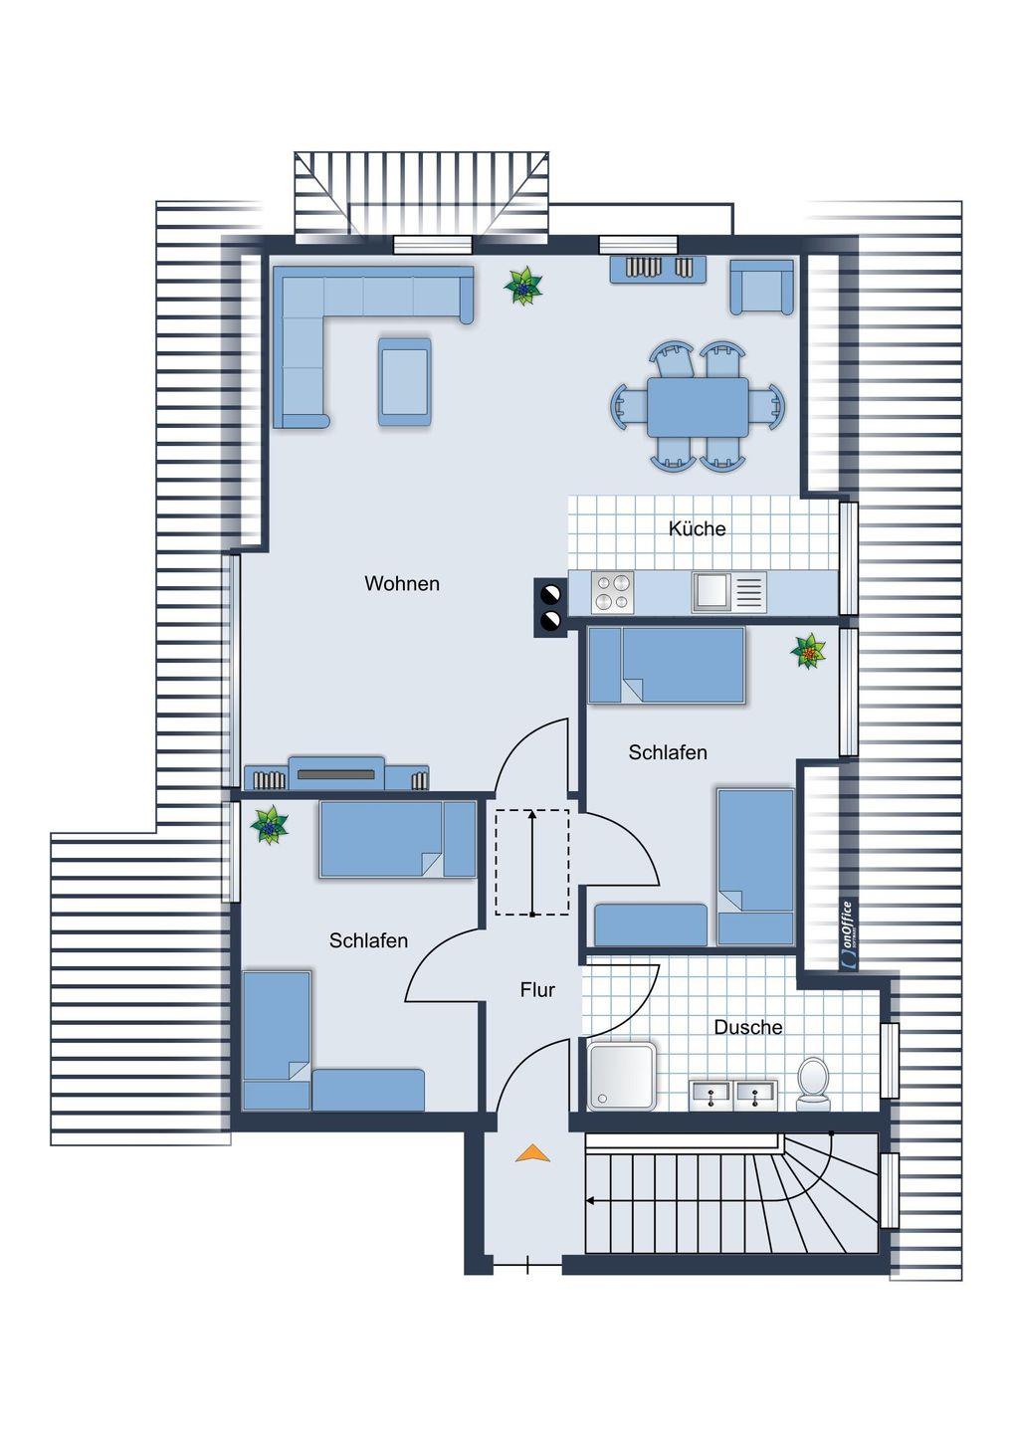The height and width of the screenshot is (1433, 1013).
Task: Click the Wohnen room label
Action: [x=402, y=583]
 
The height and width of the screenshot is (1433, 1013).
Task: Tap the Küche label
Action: [x=697, y=528]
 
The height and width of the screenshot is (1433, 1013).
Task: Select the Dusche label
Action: [x=747, y=1027]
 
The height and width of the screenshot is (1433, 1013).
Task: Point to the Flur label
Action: [x=537, y=990]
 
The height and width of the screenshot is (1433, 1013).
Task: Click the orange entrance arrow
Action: [x=532, y=1153]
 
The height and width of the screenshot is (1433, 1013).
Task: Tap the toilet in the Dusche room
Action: [x=813, y=1085]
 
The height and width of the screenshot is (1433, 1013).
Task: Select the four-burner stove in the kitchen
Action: [x=612, y=592]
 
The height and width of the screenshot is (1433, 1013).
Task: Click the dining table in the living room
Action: [x=698, y=407]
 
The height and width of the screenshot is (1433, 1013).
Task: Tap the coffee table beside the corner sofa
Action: [x=404, y=381]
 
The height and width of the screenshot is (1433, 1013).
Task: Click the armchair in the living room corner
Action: [x=761, y=287]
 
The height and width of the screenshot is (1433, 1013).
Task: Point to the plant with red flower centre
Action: [x=808, y=651]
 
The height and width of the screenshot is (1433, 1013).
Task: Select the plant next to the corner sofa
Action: [x=523, y=286]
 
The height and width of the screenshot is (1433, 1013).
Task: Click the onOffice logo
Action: [x=848, y=935]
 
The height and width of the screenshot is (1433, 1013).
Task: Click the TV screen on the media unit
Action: [x=335, y=774]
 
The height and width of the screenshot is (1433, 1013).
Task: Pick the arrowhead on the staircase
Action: [x=590, y=1201]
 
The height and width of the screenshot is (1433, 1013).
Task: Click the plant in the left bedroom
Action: [x=270, y=825]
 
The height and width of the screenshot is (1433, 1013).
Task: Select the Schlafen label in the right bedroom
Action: [x=668, y=752]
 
